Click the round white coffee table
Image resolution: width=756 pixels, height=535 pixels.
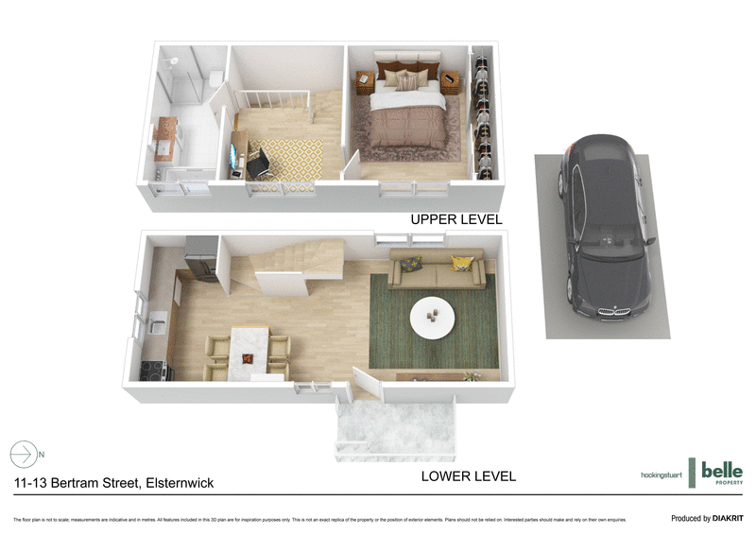tap(432, 317)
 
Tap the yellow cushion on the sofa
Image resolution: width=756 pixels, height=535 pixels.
tap(461, 264)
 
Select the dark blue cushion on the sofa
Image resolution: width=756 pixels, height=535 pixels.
tap(411, 266)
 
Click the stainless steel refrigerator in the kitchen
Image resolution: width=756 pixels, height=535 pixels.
tap(201, 257)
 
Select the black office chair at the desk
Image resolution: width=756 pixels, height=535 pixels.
tap(260, 164)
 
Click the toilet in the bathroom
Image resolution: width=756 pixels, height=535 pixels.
tap(215, 78)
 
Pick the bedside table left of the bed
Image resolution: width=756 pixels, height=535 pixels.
tap(364, 82)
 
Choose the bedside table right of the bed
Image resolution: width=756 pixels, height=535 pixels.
tap(450, 83)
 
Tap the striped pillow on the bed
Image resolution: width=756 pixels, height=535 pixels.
tap(406, 82)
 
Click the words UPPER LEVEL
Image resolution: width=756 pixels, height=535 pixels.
tap(455, 219)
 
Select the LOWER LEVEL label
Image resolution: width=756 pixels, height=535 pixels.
tap(468, 476)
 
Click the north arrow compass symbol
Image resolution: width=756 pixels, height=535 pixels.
tap(24, 454)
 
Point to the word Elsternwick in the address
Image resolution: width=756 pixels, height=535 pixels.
tap(178, 483)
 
